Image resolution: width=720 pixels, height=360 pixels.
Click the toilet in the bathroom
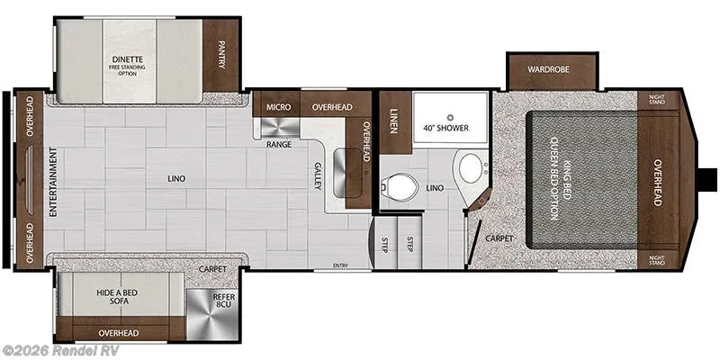(x=399, y=186)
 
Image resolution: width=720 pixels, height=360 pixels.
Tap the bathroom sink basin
(x=471, y=166)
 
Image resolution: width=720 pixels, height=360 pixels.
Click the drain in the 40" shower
(x=451, y=117)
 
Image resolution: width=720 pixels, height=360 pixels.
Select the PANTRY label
(x=221, y=55)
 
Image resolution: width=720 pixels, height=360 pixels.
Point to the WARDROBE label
(x=548, y=70)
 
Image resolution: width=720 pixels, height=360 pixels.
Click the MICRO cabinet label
(x=279, y=107)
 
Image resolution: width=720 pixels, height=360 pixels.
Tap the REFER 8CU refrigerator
(x=211, y=315)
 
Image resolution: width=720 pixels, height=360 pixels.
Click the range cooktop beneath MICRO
(x=280, y=127)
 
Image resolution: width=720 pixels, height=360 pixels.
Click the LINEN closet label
(x=393, y=121)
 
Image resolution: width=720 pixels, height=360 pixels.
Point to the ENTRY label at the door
(x=341, y=265)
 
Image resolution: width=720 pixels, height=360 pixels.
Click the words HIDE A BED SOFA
(x=117, y=297)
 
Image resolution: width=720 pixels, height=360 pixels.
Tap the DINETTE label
(x=128, y=59)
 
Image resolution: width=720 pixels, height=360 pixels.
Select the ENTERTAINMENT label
(x=53, y=183)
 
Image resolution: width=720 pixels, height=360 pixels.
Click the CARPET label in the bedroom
(x=499, y=238)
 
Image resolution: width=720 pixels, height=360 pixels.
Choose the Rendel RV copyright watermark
(x=59, y=350)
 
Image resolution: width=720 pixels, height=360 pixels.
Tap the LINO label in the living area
(x=176, y=178)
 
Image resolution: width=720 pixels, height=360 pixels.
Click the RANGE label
(x=279, y=144)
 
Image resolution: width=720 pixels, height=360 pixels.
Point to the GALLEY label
(x=318, y=176)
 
